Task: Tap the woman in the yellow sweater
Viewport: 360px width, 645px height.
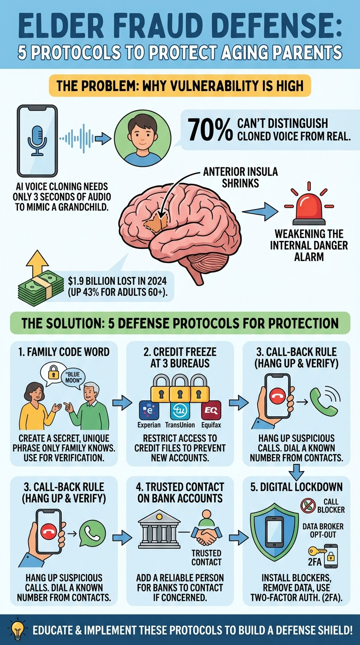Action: [x=32, y=408]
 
